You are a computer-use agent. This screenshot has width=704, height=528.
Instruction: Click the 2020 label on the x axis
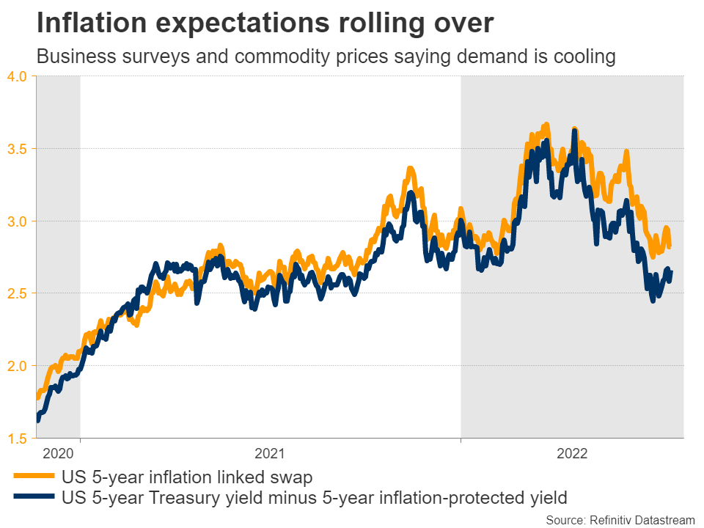point(58,453)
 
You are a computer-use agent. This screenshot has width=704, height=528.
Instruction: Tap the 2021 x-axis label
point(270,453)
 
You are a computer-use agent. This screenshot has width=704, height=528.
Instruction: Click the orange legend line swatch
point(33,477)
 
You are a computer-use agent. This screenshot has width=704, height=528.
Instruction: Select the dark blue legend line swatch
point(33,499)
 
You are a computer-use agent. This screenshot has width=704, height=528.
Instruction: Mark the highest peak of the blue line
point(574,131)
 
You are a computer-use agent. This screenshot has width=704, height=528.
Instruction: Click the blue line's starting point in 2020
point(37,420)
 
